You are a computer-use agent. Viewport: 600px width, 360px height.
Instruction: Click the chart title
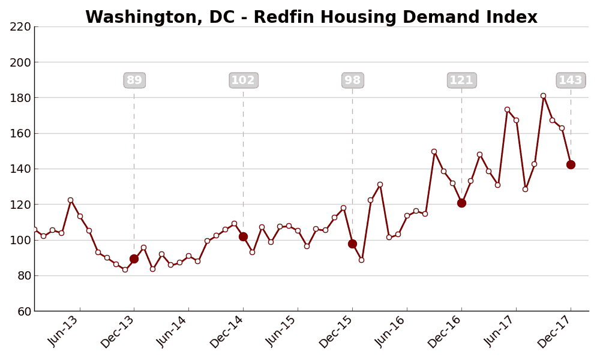(311, 17)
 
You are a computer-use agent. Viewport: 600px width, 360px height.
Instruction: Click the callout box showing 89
(134, 80)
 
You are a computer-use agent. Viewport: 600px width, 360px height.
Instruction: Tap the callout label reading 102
(243, 80)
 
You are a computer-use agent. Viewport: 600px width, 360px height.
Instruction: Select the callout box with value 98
(352, 80)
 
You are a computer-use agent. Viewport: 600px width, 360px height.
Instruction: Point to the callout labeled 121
(461, 80)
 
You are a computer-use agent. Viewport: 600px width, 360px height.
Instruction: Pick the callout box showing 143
(571, 80)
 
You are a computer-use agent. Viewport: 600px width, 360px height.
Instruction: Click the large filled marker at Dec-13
(134, 259)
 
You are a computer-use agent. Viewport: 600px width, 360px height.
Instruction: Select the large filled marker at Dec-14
(243, 236)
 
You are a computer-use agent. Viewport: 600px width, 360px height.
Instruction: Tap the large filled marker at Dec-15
(352, 244)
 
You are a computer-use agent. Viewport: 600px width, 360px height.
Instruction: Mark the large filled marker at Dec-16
(461, 203)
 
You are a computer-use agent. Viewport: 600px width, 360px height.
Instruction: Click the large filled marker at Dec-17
(571, 164)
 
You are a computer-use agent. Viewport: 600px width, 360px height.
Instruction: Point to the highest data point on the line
(543, 95)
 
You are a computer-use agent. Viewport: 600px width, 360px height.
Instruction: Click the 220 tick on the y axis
(20, 27)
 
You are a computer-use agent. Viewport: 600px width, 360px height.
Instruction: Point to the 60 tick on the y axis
(23, 311)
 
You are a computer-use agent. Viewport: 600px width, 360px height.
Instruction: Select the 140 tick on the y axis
(20, 169)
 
